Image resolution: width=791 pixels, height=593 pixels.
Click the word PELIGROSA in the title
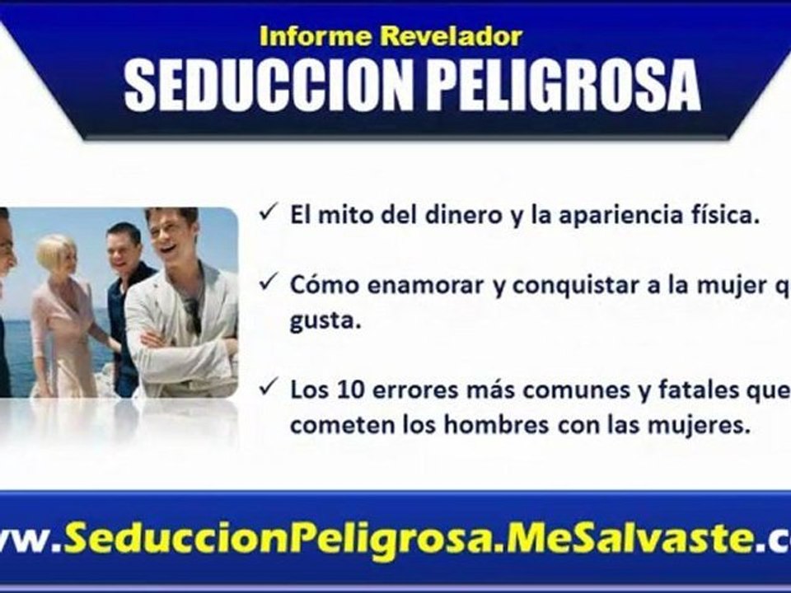click(564, 84)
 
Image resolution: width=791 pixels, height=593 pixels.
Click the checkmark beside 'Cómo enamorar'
click(267, 282)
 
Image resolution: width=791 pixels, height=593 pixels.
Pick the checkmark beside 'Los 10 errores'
click(267, 390)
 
